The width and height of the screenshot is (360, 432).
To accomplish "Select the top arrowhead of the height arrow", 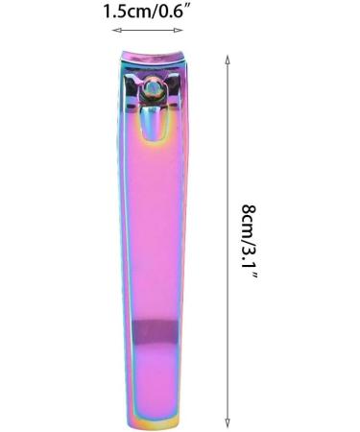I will click(227, 58).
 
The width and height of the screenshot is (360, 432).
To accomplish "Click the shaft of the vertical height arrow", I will click(227, 240).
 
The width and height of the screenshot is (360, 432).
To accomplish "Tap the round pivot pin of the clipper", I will click(153, 90).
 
